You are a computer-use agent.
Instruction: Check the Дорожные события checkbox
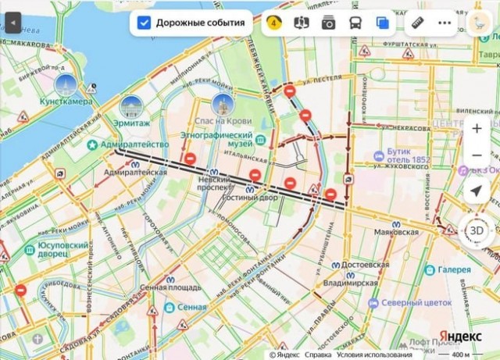point(144,23)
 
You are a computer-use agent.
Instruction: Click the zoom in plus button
point(477,129)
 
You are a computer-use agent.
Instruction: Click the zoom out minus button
point(477,156)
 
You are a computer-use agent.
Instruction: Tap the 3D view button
point(477,230)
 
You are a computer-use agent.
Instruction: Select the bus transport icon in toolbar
point(355,23)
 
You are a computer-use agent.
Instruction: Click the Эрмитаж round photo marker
point(131,105)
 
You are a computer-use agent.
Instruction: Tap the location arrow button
point(477,191)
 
